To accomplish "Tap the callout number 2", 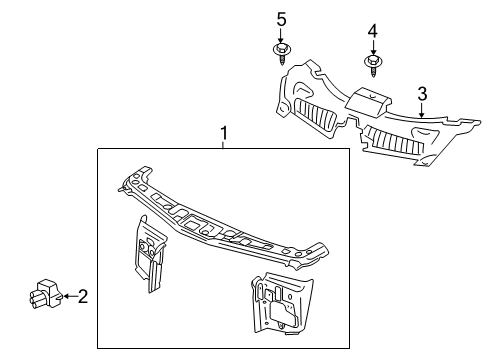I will (x=83, y=294).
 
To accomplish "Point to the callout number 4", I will (x=372, y=32).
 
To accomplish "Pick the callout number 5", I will (x=281, y=19).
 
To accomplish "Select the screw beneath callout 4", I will (x=372, y=65).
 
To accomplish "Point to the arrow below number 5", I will (x=281, y=34).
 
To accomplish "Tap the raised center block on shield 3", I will (x=366, y=101).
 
